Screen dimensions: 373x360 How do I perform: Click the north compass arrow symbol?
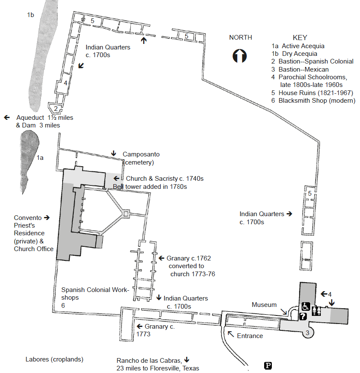tap(240, 56)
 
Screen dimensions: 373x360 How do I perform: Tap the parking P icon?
tap(268, 365)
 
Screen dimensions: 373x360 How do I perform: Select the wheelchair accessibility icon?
tap(305, 306)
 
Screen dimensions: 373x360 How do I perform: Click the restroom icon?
tap(317, 311)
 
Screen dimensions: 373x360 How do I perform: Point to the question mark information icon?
tap(303, 316)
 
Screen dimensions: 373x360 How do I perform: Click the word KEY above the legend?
tap(300, 38)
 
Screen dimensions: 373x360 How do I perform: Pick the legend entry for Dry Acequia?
tap(294, 54)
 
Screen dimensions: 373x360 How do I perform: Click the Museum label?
tap(264, 305)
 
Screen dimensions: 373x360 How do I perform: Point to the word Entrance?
tap(250, 335)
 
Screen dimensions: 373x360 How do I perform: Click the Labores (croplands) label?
tap(54, 359)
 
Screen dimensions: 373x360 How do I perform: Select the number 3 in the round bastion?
tap(307, 333)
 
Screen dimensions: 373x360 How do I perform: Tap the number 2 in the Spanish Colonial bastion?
tap(55, 108)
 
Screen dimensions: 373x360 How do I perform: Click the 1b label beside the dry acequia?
tap(30, 15)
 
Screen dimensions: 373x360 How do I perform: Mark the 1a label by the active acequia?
tap(40, 158)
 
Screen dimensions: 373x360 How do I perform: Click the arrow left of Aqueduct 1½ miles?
tap(7, 117)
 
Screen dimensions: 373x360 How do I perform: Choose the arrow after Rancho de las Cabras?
tap(187, 360)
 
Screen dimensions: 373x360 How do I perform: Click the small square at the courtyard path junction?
tap(126, 213)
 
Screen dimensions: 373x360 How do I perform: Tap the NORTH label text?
tap(240, 38)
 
